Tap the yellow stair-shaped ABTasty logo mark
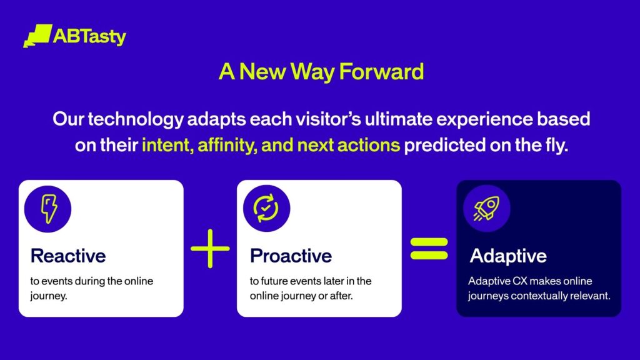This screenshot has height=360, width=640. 37,36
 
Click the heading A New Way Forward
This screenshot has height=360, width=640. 321,72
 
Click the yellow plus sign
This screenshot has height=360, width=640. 210,248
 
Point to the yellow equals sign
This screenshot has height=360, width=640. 429,248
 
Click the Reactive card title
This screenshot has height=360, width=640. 68,256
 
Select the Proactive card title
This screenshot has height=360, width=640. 291,256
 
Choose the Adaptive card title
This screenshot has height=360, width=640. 508,256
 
